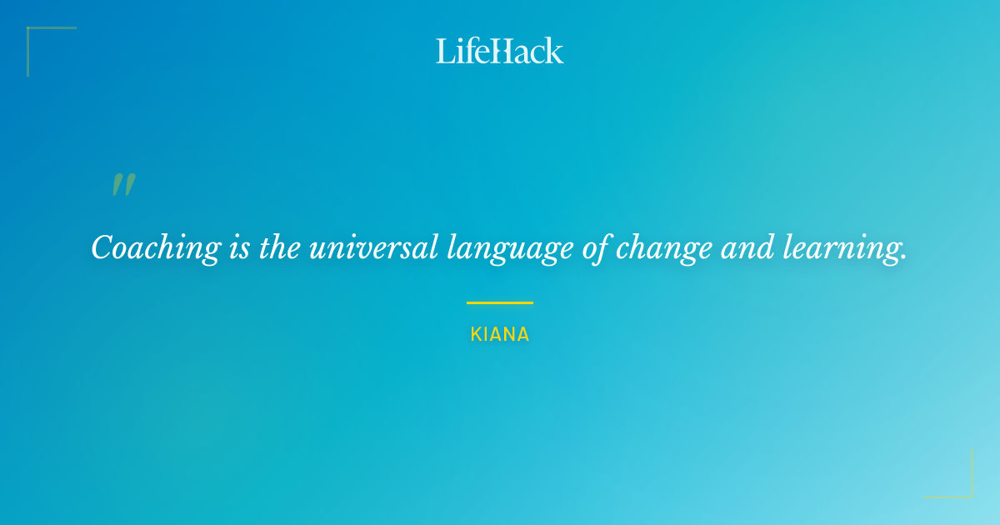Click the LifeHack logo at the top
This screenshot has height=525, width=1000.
pyautogui.click(x=500, y=51)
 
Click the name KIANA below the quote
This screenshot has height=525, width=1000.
pyautogui.click(x=500, y=335)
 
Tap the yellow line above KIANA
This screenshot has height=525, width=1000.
pyautogui.click(x=500, y=302)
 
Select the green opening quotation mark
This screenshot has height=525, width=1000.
pyautogui.click(x=123, y=185)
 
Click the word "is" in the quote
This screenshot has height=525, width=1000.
pyautogui.click(x=239, y=247)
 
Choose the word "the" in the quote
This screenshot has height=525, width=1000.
pyautogui.click(x=280, y=247)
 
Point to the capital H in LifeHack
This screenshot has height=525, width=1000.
pyautogui.click(x=502, y=51)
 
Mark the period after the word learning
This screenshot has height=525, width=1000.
pyautogui.click(x=903, y=257)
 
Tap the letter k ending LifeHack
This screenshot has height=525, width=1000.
pyautogui.click(x=554, y=51)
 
